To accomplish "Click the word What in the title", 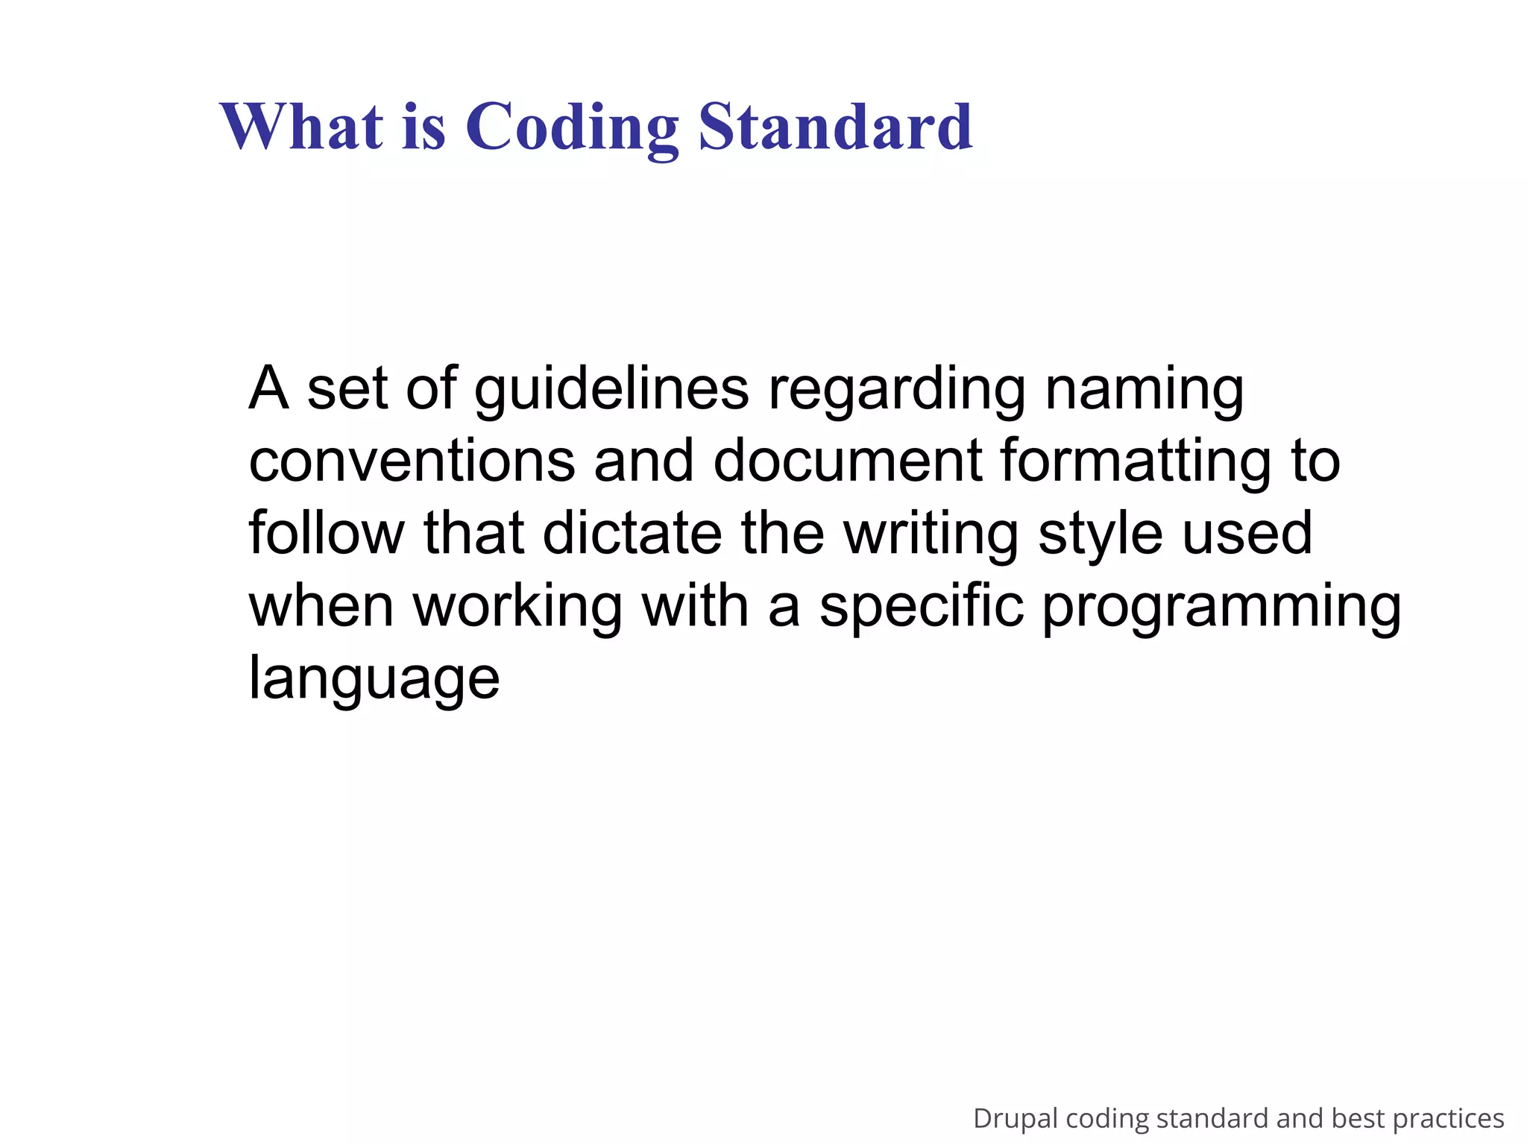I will [302, 126].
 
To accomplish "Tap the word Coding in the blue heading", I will [572, 126].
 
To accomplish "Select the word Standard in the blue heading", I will [835, 126].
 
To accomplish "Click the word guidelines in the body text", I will [611, 389].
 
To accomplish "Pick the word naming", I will [1144, 389].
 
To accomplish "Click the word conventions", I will [412, 461].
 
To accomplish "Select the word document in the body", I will [847, 461].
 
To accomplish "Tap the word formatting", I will [1135, 461].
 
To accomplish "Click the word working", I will [517, 605].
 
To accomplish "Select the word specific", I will [922, 605].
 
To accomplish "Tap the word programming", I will [1221, 605].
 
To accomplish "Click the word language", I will [374, 678].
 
